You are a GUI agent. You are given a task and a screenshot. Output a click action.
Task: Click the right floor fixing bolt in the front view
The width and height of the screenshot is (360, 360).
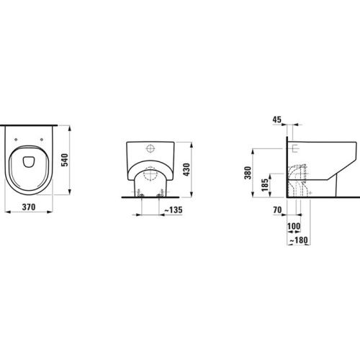(x=162, y=194)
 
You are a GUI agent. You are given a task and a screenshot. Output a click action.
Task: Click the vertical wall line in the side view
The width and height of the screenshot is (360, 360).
(x=287, y=166)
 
